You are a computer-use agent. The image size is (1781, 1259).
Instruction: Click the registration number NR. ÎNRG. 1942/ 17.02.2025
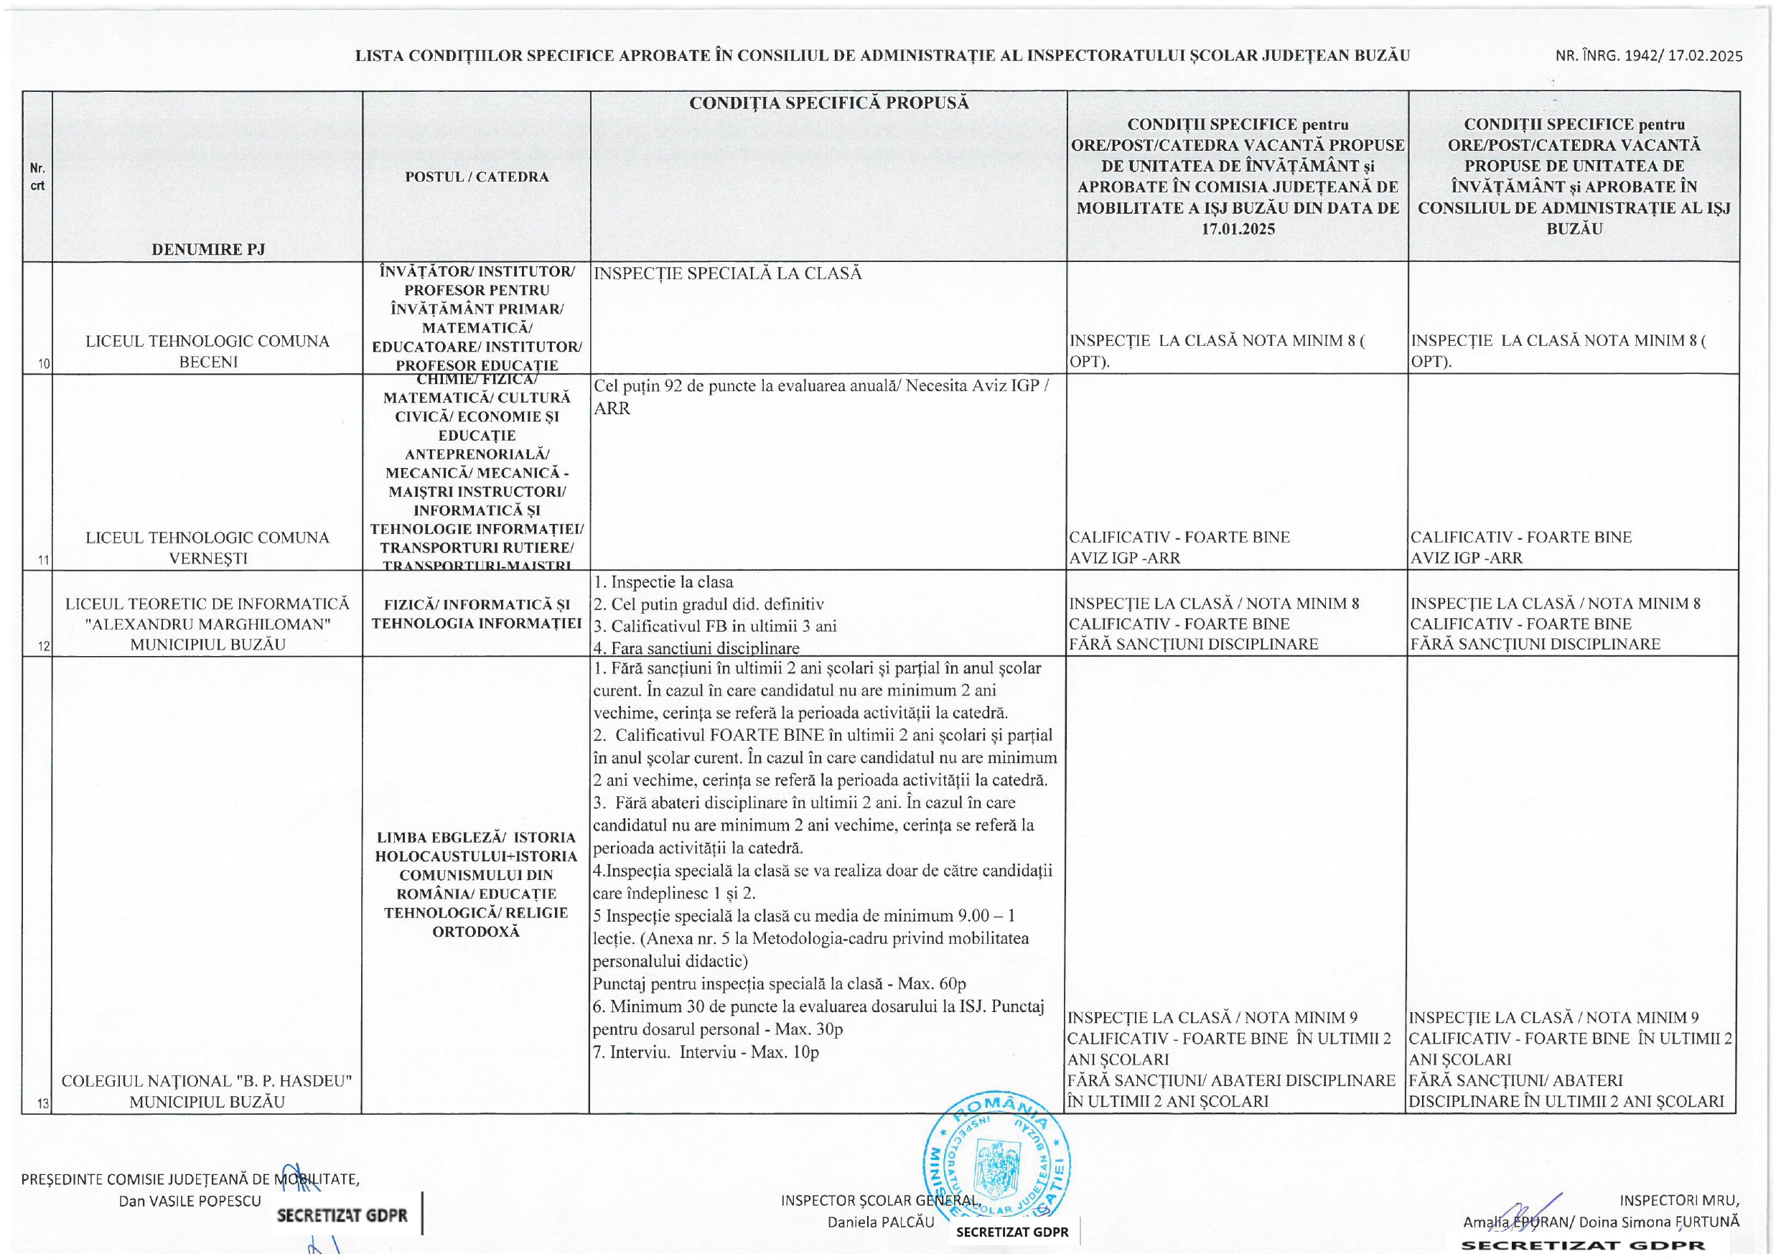(1648, 56)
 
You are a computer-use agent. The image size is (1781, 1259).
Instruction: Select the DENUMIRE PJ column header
(208, 249)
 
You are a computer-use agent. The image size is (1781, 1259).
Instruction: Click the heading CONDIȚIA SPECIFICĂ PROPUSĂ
(828, 103)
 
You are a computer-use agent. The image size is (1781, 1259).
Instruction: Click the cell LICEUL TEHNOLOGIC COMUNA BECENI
(208, 350)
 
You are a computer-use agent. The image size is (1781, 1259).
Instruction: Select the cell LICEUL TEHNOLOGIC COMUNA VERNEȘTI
(208, 547)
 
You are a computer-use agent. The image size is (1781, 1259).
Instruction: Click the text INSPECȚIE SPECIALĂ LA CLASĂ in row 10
(728, 273)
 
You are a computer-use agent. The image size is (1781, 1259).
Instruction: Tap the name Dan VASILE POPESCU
(190, 1201)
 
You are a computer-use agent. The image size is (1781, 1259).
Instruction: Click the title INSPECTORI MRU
(1678, 1201)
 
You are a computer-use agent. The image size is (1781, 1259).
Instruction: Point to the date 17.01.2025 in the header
(1238, 229)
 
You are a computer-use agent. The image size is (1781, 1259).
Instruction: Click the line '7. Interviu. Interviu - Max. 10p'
(706, 1052)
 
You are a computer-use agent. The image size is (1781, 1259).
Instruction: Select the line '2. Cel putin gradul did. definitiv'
(709, 604)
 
